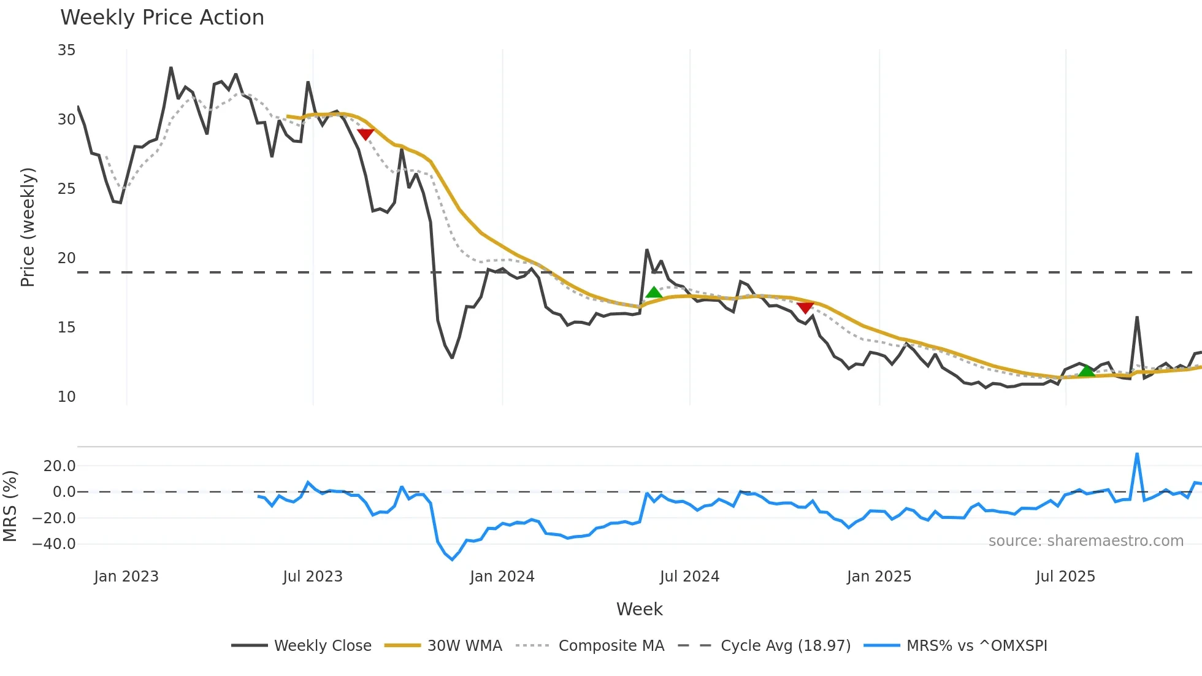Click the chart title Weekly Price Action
(x=162, y=18)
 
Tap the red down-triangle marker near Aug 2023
(x=366, y=134)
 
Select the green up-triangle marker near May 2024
(x=654, y=293)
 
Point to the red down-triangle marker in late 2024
(x=805, y=307)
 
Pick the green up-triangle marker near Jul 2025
(x=1086, y=371)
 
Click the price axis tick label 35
(x=67, y=50)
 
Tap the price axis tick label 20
(x=67, y=258)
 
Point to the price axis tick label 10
(x=67, y=397)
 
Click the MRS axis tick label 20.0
(x=59, y=466)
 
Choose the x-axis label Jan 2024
(x=502, y=577)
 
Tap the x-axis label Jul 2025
(x=1065, y=577)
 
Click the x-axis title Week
(x=639, y=609)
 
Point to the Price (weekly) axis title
(x=28, y=227)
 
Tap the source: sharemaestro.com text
(x=1085, y=541)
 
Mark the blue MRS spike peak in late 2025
(x=1137, y=455)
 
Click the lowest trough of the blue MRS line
(x=453, y=559)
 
